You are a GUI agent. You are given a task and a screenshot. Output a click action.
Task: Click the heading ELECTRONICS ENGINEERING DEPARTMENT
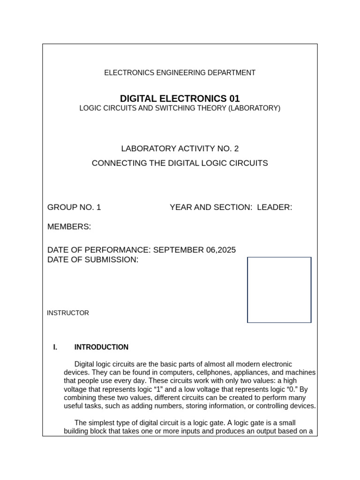[180, 73]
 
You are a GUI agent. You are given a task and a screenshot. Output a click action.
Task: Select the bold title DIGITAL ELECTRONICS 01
[180, 98]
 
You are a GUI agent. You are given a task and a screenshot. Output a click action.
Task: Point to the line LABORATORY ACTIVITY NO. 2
[180, 149]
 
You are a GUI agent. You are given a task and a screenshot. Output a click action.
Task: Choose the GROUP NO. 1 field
[74, 207]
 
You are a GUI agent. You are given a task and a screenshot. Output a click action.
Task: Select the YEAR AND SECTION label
[210, 207]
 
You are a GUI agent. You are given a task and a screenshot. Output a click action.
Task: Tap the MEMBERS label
[69, 227]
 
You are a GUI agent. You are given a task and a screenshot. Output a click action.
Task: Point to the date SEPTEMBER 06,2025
[194, 250]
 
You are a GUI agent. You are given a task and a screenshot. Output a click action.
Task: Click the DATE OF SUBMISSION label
[93, 260]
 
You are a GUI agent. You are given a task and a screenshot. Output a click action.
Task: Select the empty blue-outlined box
[279, 290]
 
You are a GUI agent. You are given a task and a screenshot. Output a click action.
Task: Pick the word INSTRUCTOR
[68, 313]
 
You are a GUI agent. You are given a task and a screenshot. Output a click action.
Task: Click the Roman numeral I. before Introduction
[55, 347]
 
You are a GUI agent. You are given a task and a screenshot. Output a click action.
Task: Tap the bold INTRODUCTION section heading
[101, 347]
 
